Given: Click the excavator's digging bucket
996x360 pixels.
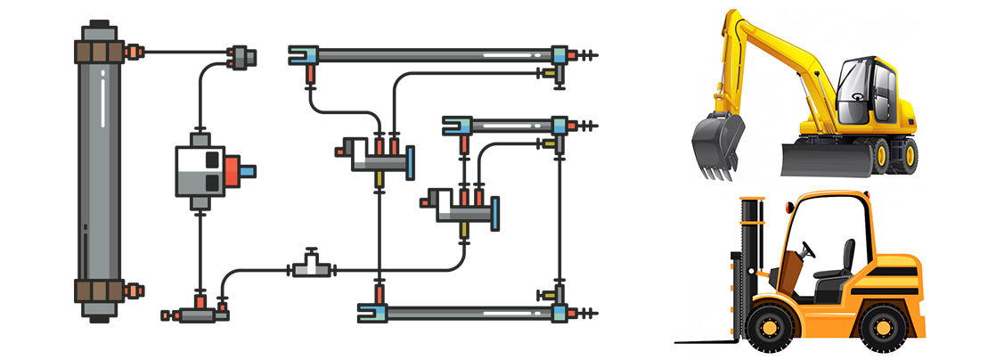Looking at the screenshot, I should pos(718,143).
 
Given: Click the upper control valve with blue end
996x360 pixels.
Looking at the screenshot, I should pos(379,159).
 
